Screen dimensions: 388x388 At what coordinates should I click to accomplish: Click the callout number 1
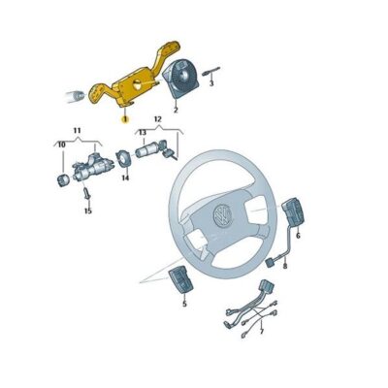tap(124, 115)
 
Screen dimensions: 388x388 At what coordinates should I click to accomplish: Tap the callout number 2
tap(177, 111)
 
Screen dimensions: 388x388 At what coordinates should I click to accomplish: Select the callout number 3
tap(211, 83)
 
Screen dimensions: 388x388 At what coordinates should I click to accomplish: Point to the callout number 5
tap(182, 304)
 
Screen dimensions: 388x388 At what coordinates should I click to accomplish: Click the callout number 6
tap(297, 236)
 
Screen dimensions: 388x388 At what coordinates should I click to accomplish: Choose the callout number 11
tap(77, 129)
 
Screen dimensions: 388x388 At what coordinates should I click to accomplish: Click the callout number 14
tap(125, 178)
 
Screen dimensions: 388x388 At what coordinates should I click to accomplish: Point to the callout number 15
tap(87, 210)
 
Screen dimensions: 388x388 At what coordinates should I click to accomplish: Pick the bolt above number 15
tap(86, 193)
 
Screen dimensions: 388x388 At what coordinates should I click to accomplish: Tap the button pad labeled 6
tap(293, 211)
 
